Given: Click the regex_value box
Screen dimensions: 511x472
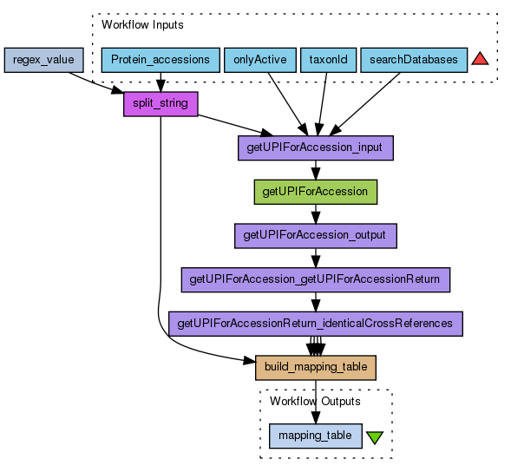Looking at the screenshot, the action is coord(44,60).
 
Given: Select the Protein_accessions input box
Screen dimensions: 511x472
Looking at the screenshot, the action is coord(161,60).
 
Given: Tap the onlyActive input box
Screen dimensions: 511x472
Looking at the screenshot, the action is coord(260,60).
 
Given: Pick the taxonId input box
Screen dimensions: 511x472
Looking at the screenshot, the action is coord(328,60).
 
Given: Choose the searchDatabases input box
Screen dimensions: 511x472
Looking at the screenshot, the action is coord(414,60).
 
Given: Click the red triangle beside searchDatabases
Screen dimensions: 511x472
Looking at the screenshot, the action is coord(480,59).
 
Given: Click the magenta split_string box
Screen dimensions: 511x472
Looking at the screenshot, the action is coord(161,103).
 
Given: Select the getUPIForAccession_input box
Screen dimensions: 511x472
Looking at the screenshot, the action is coord(316,148).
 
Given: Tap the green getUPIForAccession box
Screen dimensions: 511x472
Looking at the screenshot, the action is coord(316,192).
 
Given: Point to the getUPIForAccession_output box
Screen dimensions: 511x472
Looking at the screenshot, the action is coord(316,236).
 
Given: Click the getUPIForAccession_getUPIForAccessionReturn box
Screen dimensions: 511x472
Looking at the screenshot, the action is coord(316,279).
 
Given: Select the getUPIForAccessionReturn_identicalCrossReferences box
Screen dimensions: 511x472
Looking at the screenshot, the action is coord(316,324).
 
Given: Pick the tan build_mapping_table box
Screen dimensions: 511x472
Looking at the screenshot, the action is coord(316,368).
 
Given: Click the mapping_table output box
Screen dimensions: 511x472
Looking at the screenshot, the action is coord(316,436).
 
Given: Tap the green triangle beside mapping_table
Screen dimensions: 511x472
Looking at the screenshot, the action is coord(375,437).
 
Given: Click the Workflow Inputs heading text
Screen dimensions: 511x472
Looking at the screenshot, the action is coord(142,25).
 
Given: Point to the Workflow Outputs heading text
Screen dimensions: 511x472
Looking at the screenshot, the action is coord(315,401).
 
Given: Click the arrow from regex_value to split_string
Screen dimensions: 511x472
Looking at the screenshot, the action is coord(96,83).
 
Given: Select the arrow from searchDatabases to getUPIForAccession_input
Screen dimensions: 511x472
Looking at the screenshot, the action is coord(364,104).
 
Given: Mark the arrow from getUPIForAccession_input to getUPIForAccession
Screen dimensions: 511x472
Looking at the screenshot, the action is coord(316,170).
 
